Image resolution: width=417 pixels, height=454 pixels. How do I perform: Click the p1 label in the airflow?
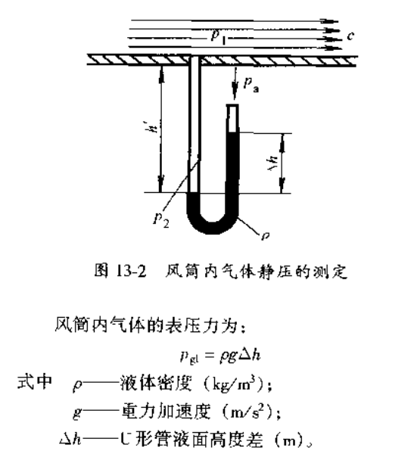(x=219, y=37)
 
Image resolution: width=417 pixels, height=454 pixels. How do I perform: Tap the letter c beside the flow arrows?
(x=350, y=36)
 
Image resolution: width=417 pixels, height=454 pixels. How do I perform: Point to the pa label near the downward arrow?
(x=251, y=85)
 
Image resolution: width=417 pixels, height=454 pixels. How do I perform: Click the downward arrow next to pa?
(x=235, y=83)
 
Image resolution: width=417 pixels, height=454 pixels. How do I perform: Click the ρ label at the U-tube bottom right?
(x=266, y=235)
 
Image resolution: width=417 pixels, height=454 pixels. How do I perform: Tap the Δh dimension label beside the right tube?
(x=272, y=163)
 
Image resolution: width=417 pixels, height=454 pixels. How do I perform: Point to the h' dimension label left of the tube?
(x=153, y=127)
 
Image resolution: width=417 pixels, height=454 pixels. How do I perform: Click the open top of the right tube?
(x=232, y=105)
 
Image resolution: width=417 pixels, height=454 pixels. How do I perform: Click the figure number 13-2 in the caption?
(x=131, y=272)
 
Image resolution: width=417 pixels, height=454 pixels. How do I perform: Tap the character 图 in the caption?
(x=101, y=271)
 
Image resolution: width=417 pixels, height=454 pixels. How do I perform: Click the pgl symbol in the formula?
(x=189, y=357)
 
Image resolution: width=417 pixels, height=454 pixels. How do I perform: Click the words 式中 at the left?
(x=35, y=382)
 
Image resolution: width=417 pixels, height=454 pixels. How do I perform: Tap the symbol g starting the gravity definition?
(x=77, y=412)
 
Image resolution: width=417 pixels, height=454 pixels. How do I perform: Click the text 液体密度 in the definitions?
(x=157, y=384)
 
